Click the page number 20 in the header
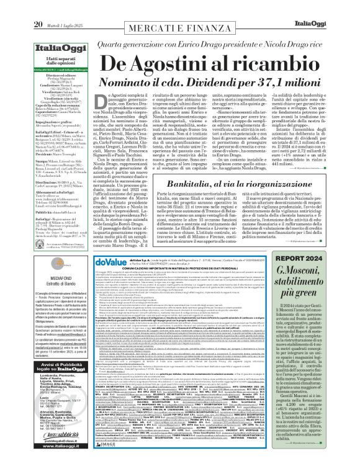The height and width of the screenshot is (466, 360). click(x=11, y=7)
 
